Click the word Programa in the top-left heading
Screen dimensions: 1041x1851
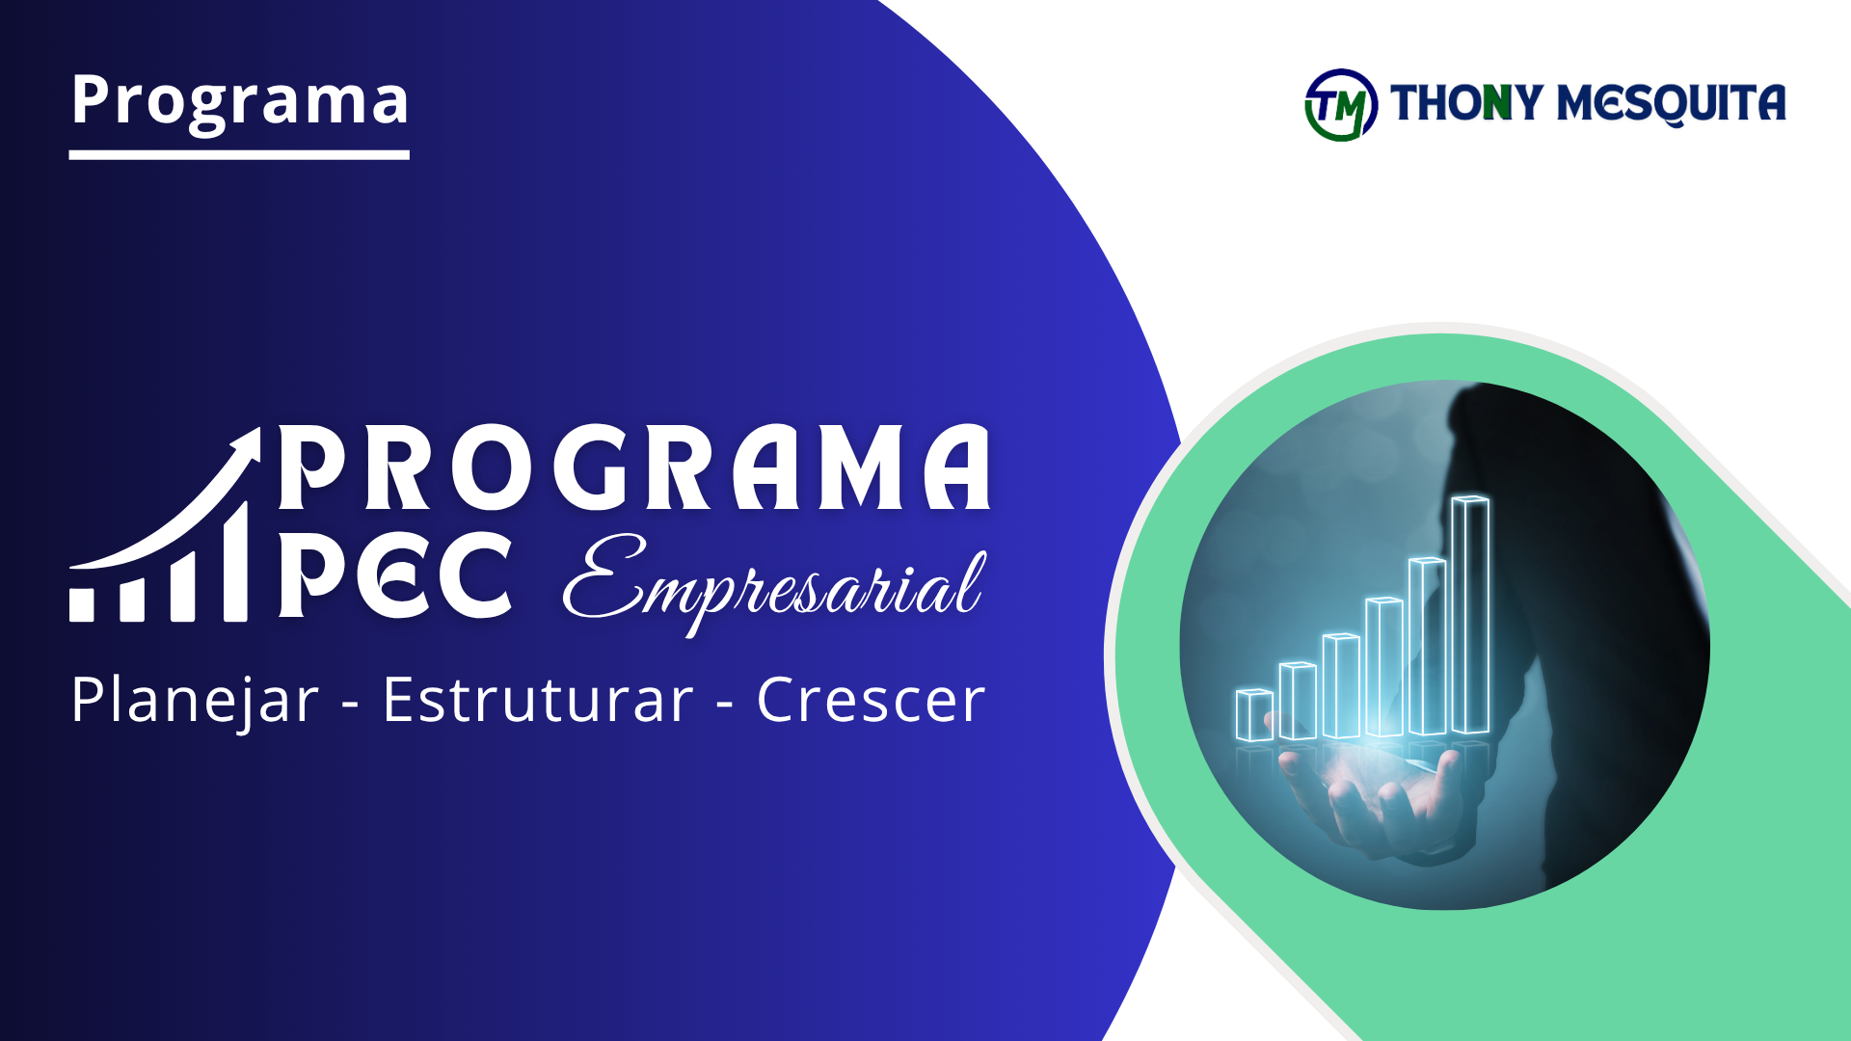pyautogui.click(x=239, y=100)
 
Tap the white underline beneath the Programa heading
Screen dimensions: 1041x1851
pyautogui.click(x=239, y=154)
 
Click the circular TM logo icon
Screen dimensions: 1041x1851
pyautogui.click(x=1341, y=105)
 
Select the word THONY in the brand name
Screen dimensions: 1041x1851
pyautogui.click(x=1466, y=103)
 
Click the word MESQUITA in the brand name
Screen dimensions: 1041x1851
pyautogui.click(x=1672, y=103)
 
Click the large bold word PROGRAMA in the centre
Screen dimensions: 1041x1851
pyautogui.click(x=634, y=468)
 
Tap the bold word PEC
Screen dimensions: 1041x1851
pyautogui.click(x=395, y=575)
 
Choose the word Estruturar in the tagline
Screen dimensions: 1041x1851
pyautogui.click(x=538, y=700)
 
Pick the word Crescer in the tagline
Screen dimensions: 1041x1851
pyautogui.click(x=871, y=700)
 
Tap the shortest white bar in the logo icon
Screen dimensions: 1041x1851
pyautogui.click(x=82, y=604)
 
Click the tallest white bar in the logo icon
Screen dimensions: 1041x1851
pyautogui.click(x=236, y=564)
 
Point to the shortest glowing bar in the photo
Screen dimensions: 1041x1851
pyautogui.click(x=1254, y=715)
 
